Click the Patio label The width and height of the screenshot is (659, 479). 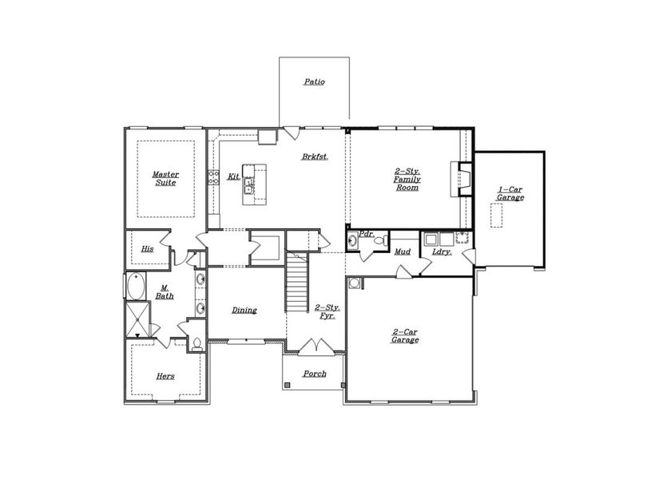(x=315, y=81)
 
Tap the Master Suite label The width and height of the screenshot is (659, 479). (x=165, y=178)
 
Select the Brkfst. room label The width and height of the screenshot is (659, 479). (x=315, y=156)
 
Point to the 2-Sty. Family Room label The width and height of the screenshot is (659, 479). (x=407, y=180)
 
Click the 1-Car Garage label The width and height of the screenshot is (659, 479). (x=510, y=193)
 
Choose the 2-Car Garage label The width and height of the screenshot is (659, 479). (x=405, y=336)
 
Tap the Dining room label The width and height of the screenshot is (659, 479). (x=244, y=310)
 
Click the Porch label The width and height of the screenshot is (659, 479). (x=315, y=373)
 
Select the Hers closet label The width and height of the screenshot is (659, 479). (x=165, y=376)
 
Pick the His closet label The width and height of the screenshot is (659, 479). (x=147, y=249)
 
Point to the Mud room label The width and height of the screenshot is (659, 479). (x=403, y=251)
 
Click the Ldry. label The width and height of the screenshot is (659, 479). (x=443, y=251)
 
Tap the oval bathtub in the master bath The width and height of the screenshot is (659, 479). (x=136, y=286)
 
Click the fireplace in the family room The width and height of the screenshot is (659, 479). (x=462, y=179)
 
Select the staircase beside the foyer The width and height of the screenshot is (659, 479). (x=297, y=282)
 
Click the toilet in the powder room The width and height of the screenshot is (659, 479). (x=381, y=241)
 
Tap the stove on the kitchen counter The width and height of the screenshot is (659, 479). (x=213, y=177)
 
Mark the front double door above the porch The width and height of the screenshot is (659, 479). (x=316, y=347)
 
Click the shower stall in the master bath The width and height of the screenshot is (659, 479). (x=137, y=319)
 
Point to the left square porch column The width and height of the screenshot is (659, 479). (x=288, y=385)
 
